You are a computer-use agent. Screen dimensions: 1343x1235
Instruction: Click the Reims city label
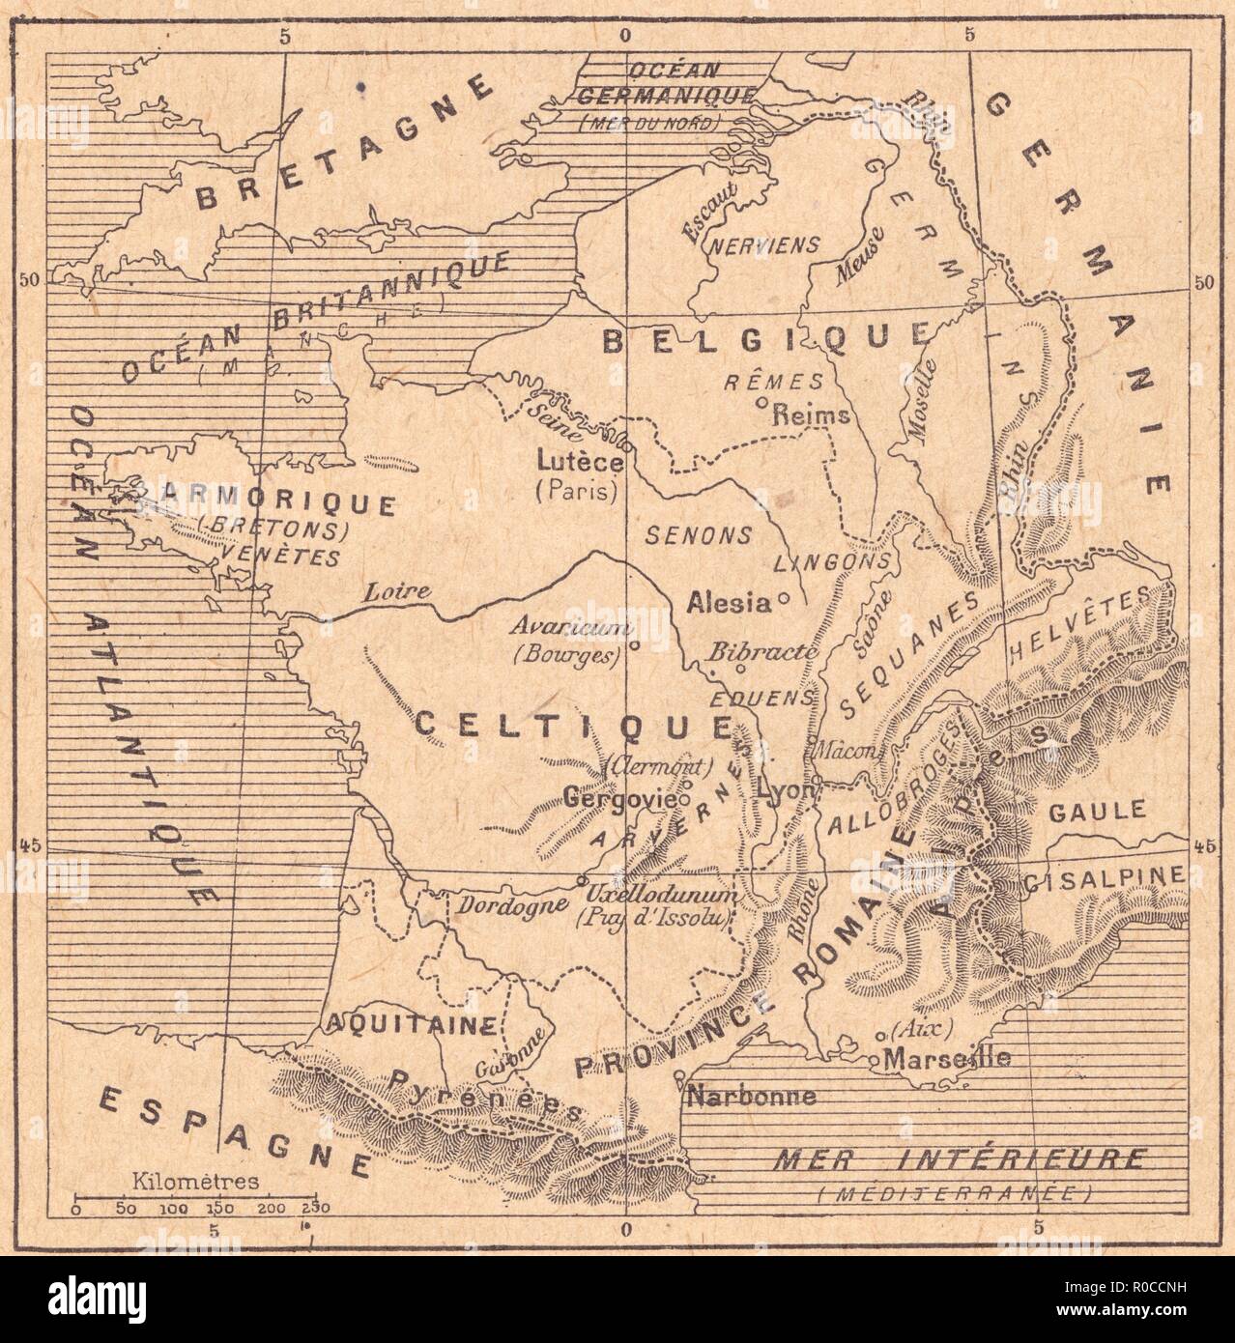point(811,415)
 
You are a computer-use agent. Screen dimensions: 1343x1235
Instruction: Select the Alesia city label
point(728,603)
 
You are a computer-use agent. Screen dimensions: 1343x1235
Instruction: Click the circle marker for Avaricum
point(635,644)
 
